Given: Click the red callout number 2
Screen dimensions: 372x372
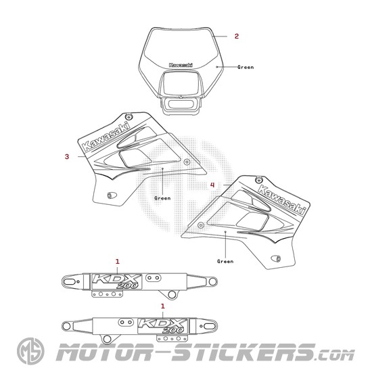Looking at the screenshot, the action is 237,37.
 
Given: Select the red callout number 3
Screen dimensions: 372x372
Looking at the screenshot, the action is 67,157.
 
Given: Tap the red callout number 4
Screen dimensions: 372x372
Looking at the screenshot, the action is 212,185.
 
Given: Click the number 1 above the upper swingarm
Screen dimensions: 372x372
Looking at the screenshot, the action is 118,262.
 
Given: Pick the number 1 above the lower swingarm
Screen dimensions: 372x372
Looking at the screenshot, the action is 163,306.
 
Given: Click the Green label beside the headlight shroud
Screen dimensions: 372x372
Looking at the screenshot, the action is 246,68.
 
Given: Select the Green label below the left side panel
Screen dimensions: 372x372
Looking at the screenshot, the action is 162,198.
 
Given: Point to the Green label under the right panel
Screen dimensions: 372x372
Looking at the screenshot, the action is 225,261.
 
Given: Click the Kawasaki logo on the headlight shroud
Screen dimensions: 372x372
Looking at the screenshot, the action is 181,65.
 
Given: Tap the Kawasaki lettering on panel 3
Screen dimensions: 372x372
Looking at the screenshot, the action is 106,137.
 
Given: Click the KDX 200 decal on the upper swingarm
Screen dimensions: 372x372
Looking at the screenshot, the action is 116,281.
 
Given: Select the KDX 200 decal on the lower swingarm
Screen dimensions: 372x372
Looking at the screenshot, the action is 163,326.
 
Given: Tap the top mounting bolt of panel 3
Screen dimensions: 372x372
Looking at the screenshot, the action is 129,116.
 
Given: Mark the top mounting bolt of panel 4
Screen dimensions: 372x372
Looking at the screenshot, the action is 258,180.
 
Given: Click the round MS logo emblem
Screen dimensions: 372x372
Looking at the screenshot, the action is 30,351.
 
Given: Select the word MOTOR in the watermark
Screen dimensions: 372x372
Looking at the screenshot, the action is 103,352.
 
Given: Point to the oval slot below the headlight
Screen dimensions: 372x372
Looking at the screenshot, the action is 181,104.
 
